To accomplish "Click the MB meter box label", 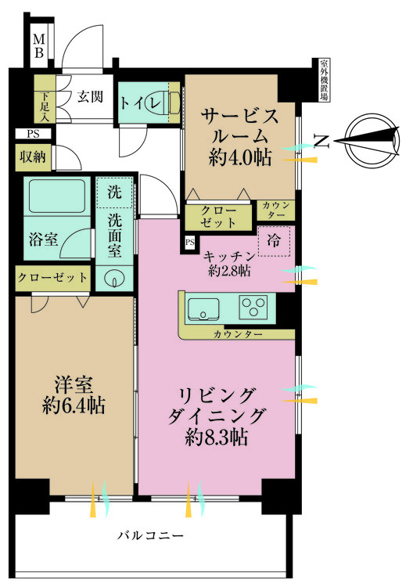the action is tap(39, 45).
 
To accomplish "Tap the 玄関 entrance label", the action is tap(90, 96).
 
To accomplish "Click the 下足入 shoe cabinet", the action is tap(45, 99).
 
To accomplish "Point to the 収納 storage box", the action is tap(34, 157).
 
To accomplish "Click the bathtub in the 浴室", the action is tap(57, 196).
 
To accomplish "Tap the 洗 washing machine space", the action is tap(114, 193).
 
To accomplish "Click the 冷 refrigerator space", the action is tap(275, 241).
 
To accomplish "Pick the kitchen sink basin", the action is tap(203, 309).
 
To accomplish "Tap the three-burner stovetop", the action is tap(253, 307).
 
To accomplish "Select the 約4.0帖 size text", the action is tap(240, 158).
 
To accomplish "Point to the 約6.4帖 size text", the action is tap(74, 405).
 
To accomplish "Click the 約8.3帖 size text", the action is tap(216, 437).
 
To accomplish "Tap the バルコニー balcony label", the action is tap(150, 535).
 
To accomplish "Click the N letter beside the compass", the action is tap(321, 141).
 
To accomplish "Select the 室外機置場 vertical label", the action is tap(325, 80).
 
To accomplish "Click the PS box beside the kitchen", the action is tap(190, 242).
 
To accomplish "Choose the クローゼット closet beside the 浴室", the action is tap(52, 278).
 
